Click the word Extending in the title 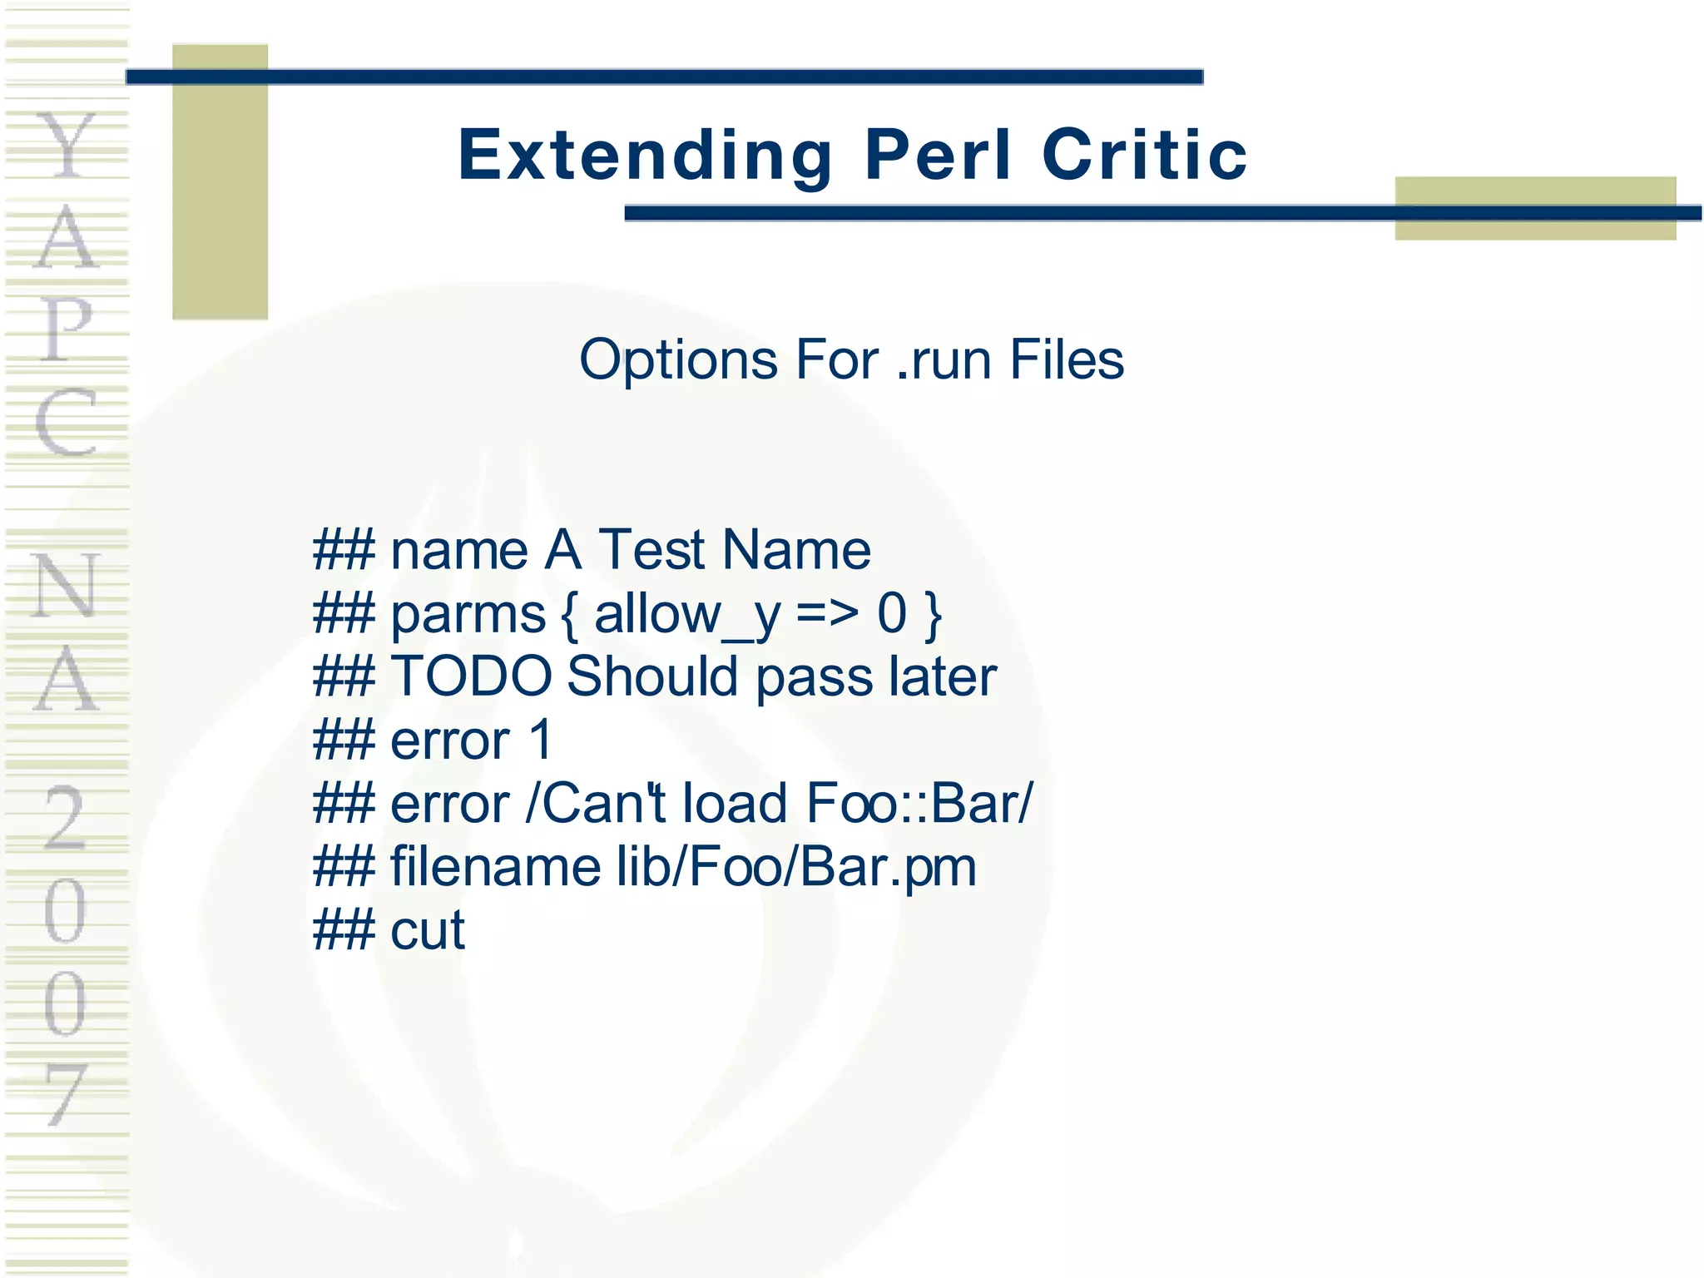click(x=645, y=156)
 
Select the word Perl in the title click(x=938, y=156)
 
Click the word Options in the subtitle click(x=677, y=360)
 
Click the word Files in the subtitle click(x=1067, y=360)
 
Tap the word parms click(x=468, y=616)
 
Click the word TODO click(x=471, y=676)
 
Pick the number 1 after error click(x=540, y=740)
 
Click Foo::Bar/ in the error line click(x=919, y=803)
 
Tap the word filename click(x=496, y=866)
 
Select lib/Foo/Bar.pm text click(x=796, y=866)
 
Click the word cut click(x=428, y=930)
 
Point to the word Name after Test click(x=796, y=550)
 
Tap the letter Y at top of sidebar click(x=67, y=146)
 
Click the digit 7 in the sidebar click(x=67, y=1094)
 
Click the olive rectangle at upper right click(x=1535, y=208)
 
